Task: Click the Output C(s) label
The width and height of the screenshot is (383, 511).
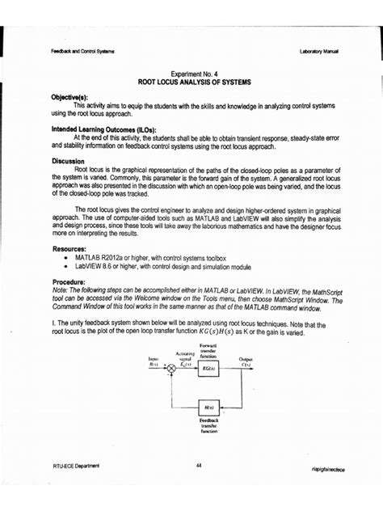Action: (x=246, y=361)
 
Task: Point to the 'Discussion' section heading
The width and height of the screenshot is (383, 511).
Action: (x=69, y=161)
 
